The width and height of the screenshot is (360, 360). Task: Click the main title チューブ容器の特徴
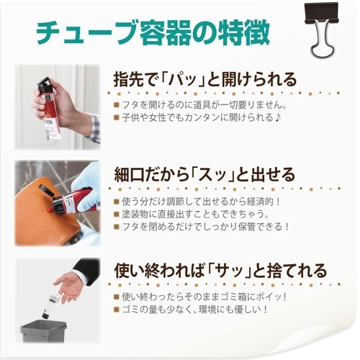point(153,32)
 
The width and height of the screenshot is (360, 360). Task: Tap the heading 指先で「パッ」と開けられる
point(205,78)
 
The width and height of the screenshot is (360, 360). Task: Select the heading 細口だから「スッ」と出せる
point(205,175)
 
